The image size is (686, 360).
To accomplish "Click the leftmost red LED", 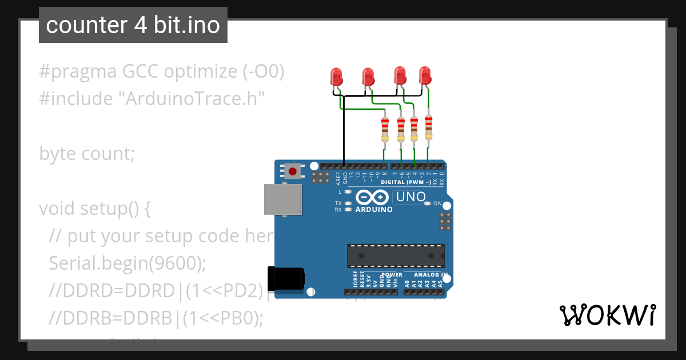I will (336, 76).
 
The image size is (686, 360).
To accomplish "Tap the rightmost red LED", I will (425, 75).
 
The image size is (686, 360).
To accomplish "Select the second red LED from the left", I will (368, 76).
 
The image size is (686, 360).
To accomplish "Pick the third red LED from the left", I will (400, 75).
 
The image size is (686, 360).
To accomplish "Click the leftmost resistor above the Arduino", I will (385, 130).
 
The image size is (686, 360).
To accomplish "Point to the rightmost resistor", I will (428, 127).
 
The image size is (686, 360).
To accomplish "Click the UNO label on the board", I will (409, 197).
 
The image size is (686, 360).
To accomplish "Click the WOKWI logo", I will (607, 315).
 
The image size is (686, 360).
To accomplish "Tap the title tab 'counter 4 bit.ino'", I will (133, 25).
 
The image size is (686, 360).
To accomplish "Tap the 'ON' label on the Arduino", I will (437, 203).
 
